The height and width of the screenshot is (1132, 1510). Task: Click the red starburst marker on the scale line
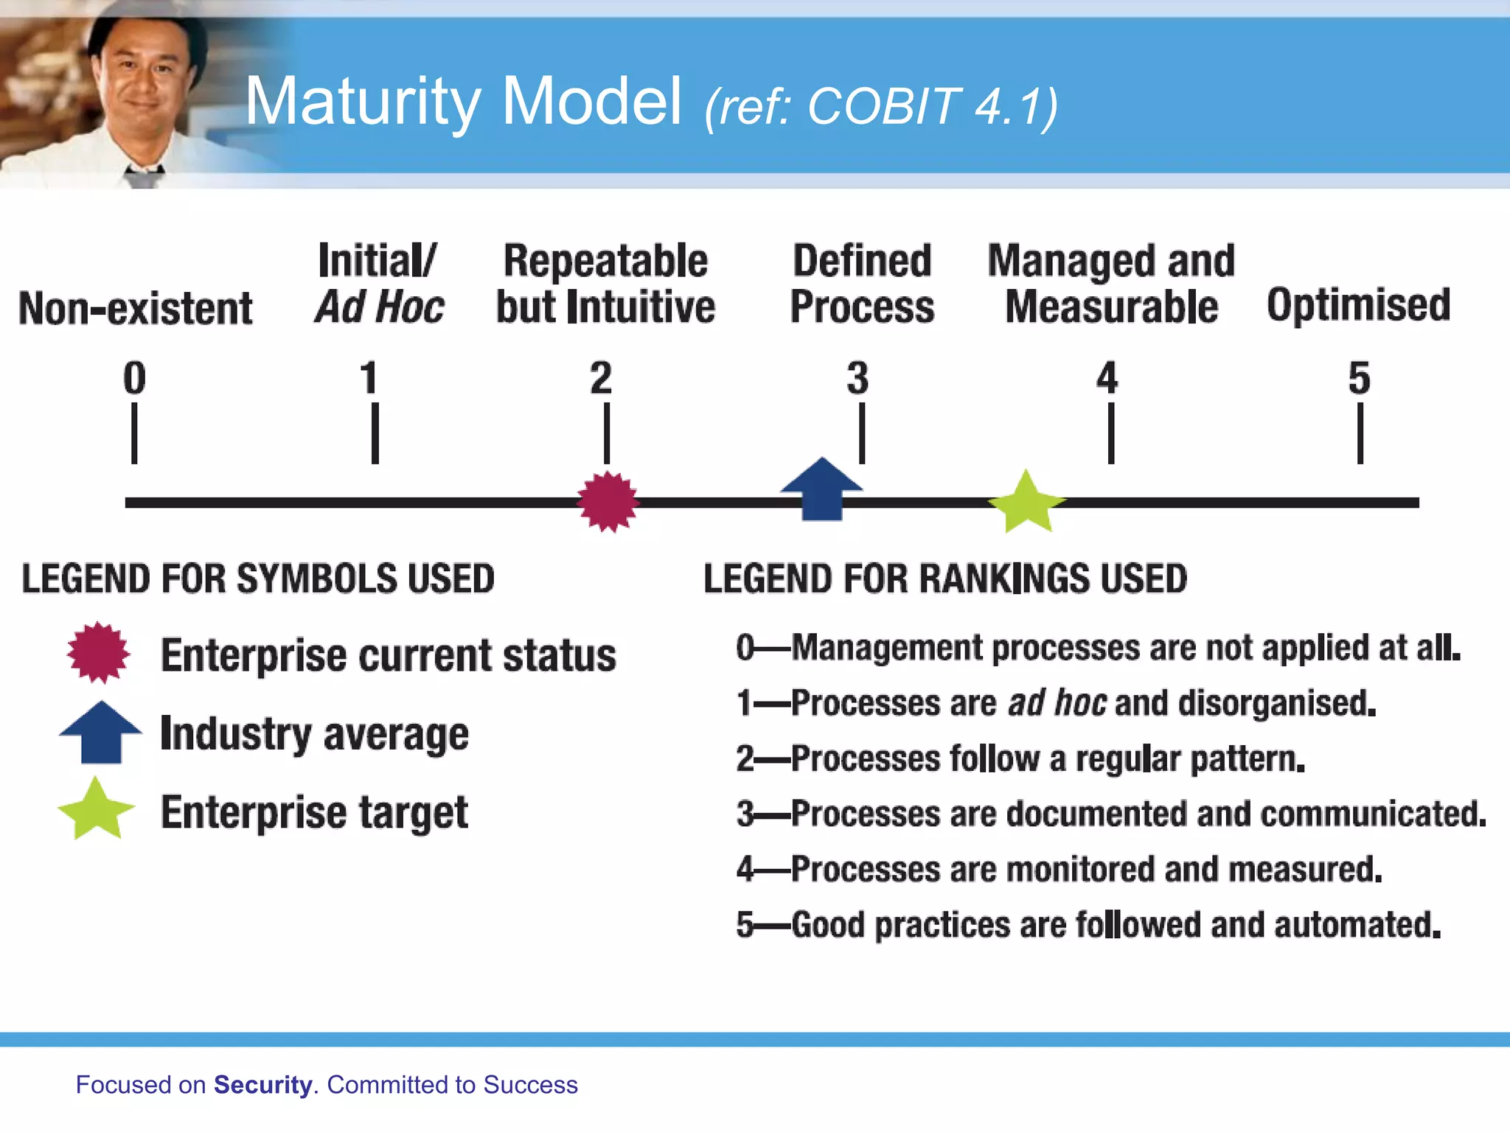pos(608,502)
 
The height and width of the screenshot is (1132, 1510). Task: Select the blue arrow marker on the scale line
pos(821,490)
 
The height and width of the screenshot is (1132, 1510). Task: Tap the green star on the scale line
pos(1026,503)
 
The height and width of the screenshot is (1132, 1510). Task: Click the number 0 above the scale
pos(134,378)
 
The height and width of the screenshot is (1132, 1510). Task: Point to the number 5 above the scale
pos(1359,378)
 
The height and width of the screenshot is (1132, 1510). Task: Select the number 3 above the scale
pos(857,378)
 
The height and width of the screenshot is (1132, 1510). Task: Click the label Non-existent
pos(136,308)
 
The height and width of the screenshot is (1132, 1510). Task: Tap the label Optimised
pos(1358,305)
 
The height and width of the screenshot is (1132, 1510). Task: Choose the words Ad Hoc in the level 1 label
pos(380,307)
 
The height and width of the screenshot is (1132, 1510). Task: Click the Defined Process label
pos(862,284)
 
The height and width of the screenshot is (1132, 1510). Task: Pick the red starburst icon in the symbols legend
pos(98,653)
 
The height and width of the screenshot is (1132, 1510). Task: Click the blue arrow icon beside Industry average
pos(100,732)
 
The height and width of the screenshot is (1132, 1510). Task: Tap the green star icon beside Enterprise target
pos(97,810)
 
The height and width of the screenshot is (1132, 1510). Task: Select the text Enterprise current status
pos(388,655)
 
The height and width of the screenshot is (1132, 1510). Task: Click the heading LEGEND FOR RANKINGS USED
pos(944,579)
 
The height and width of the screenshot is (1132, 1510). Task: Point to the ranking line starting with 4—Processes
pos(1059,869)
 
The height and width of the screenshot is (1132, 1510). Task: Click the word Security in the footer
pos(262,1085)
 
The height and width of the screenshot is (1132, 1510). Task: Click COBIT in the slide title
pos(885,107)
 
